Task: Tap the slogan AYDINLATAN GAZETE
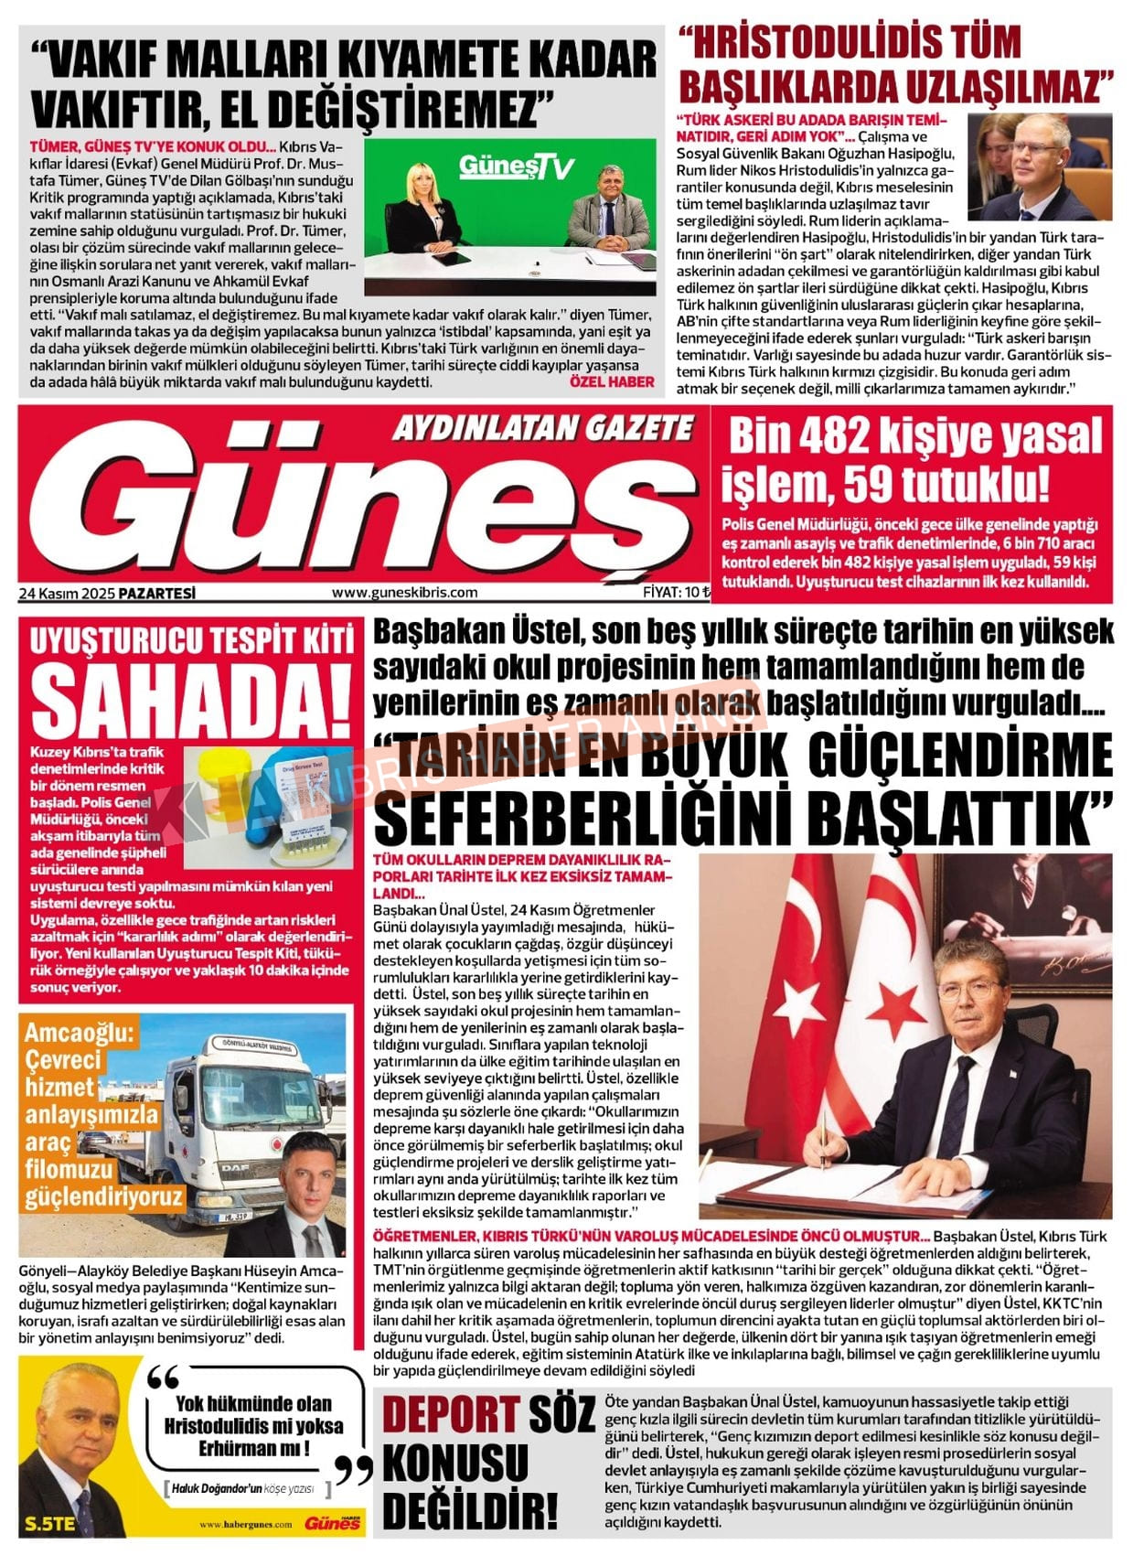(x=543, y=428)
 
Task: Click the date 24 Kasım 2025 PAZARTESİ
(x=107, y=593)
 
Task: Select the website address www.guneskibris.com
(x=404, y=593)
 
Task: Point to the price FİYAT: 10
(x=676, y=593)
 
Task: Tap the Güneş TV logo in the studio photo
(x=516, y=167)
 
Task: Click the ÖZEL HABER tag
(x=612, y=381)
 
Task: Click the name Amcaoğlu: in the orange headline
(x=80, y=1034)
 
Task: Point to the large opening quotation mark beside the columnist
(x=163, y=1378)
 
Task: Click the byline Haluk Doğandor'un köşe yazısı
(x=243, y=1488)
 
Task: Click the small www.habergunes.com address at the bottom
(x=246, y=1524)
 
